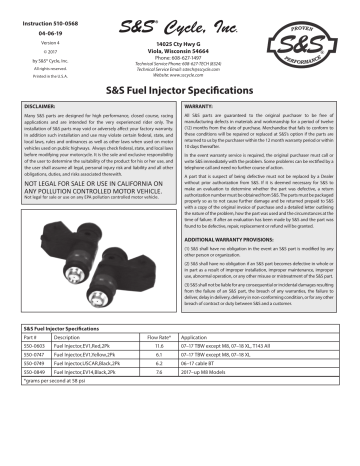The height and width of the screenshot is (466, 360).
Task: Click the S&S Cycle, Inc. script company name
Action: (180, 20)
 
